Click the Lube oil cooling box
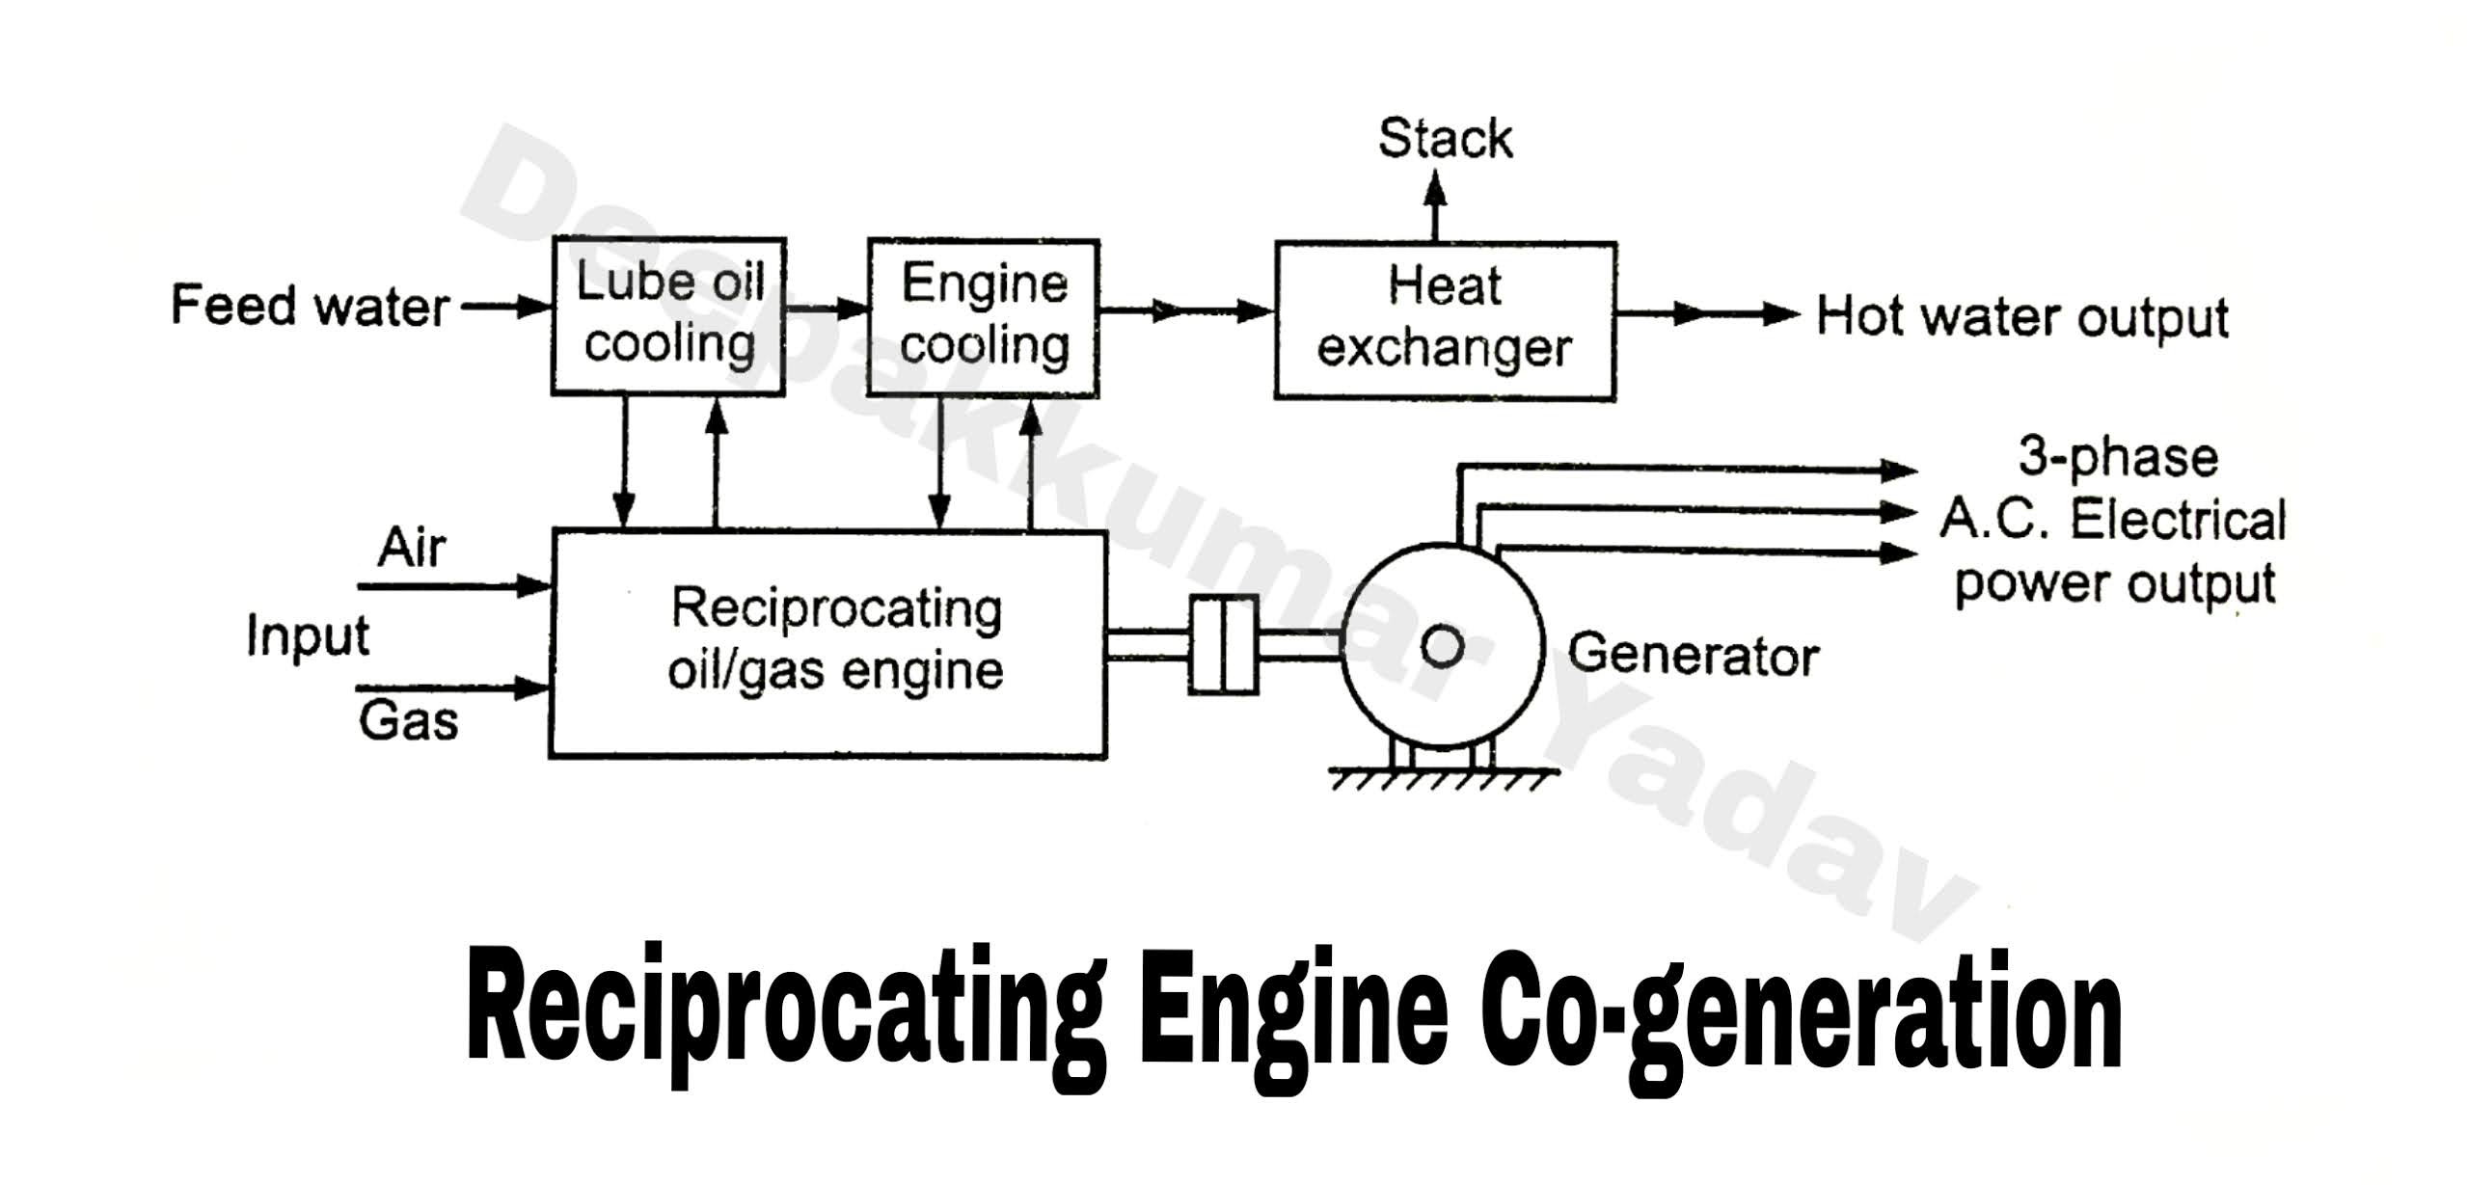pyautogui.click(x=668, y=316)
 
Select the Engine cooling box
pyautogui.click(x=983, y=317)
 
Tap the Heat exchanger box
pyautogui.click(x=1444, y=320)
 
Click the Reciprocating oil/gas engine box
pyautogui.click(x=827, y=643)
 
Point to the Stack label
pyautogui.click(x=1444, y=139)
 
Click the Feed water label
pyautogui.click(x=310, y=307)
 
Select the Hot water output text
pyautogui.click(x=2021, y=317)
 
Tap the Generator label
pyautogui.click(x=1693, y=656)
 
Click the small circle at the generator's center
pyautogui.click(x=1443, y=647)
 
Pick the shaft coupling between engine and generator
pyautogui.click(x=1223, y=644)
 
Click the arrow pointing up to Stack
pyautogui.click(x=1435, y=204)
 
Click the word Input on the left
pyautogui.click(x=308, y=636)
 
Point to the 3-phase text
pyautogui.click(x=2117, y=457)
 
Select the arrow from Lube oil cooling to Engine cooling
pyautogui.click(x=827, y=309)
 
